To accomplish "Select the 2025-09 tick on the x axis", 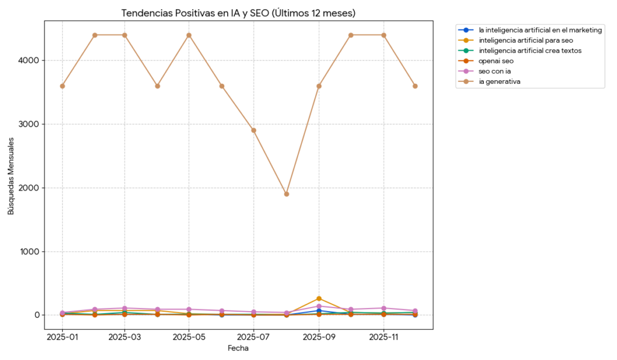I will click(318, 338).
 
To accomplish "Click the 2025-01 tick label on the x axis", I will click(62, 338).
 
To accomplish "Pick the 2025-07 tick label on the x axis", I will click(254, 338).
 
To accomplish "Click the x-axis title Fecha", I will click(238, 349).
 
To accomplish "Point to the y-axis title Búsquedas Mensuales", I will click(11, 175).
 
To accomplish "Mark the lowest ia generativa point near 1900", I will click(286, 194).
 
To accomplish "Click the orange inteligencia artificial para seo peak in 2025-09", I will click(319, 298).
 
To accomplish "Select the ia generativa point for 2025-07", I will click(254, 130).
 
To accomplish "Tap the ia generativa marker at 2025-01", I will click(62, 86).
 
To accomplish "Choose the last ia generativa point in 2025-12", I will click(415, 86).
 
